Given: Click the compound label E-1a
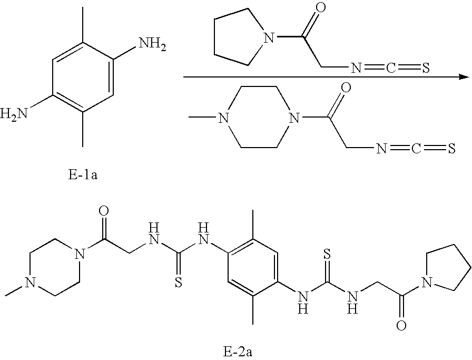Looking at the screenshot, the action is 83,175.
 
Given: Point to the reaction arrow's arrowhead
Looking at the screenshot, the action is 464,77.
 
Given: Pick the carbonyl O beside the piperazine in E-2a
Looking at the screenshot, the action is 104,212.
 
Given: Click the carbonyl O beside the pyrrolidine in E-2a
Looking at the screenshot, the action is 401,326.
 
